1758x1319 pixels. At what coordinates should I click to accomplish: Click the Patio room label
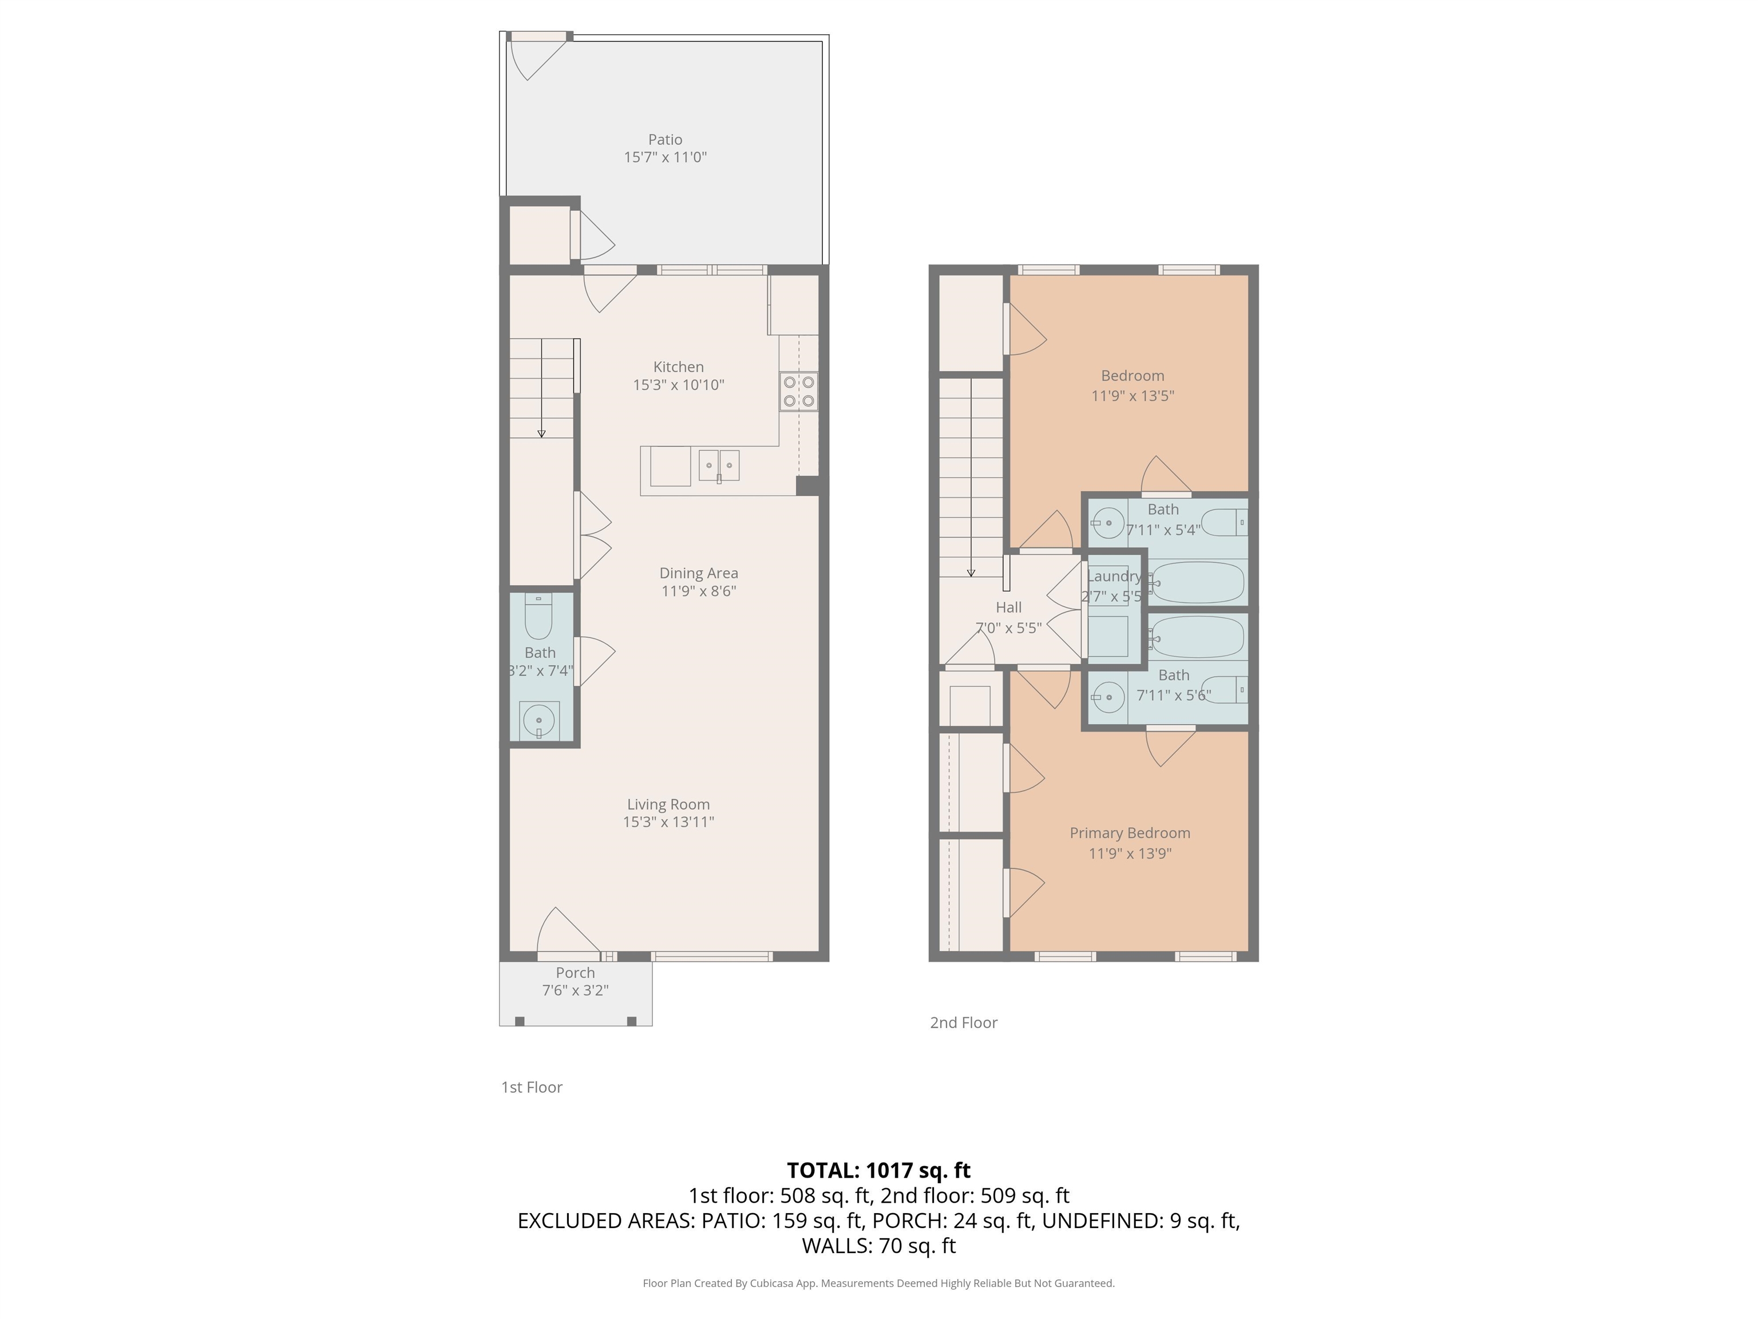coord(665,140)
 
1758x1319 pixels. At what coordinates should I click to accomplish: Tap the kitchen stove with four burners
coord(798,391)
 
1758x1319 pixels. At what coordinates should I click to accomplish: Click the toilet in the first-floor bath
coord(539,618)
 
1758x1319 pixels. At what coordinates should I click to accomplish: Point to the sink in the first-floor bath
coord(539,720)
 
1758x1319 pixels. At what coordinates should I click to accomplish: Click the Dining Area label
coord(699,573)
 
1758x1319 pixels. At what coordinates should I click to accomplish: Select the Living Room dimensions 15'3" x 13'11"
coord(668,822)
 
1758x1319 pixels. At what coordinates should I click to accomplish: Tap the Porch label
coord(575,972)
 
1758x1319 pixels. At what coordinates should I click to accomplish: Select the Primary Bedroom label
coord(1129,833)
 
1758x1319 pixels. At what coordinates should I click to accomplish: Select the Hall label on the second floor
coord(1008,607)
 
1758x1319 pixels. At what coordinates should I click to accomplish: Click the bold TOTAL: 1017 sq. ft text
coord(878,1170)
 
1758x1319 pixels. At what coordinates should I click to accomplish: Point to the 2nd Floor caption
coord(963,1023)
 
